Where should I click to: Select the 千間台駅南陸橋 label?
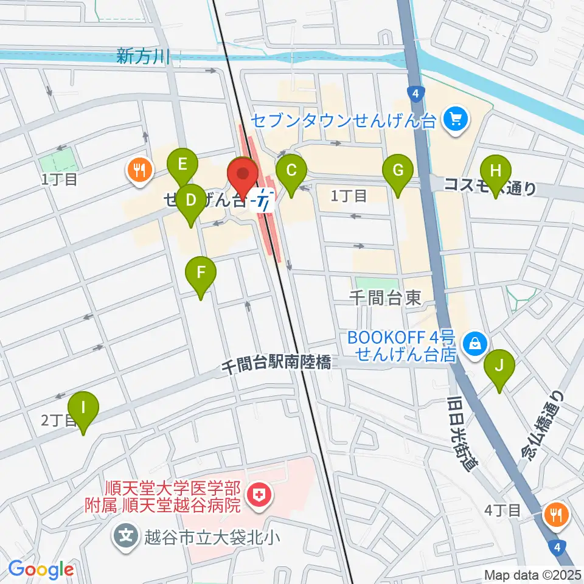coord(276,363)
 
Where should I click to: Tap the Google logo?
coord(41,569)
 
